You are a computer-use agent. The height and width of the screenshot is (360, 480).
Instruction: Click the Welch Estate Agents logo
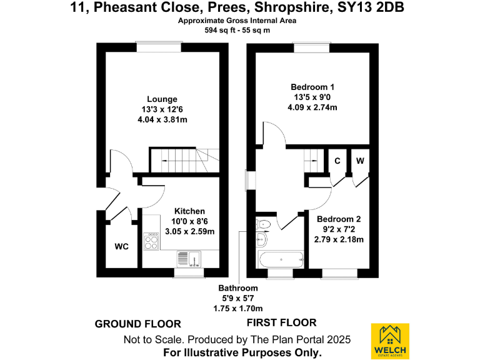[x=391, y=341]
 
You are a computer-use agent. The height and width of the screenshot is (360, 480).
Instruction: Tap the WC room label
[x=121, y=247]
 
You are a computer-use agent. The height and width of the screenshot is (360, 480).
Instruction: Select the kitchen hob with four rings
[x=151, y=241]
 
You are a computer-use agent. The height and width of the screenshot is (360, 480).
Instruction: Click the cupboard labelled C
[x=337, y=161]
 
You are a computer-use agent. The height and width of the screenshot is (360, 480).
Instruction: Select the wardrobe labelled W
[x=360, y=161]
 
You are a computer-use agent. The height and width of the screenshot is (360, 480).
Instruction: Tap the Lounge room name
[x=162, y=99]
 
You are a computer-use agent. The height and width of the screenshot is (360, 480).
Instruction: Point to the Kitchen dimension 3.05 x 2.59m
[x=189, y=231]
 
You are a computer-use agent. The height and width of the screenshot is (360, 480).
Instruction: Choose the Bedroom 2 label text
[x=339, y=219]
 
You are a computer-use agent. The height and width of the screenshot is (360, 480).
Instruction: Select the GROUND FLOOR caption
[x=137, y=324]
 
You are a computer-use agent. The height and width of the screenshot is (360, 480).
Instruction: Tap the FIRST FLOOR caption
[x=281, y=323]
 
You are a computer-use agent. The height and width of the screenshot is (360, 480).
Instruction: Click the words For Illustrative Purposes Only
[x=242, y=352]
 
